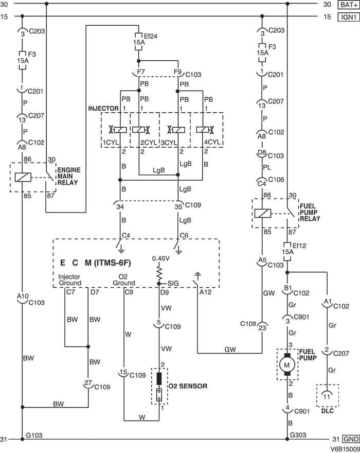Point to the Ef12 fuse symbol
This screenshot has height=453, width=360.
287,251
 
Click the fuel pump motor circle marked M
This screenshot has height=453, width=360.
287,365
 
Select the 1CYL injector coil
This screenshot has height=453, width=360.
116,130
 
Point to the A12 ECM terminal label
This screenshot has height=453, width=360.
205,293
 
